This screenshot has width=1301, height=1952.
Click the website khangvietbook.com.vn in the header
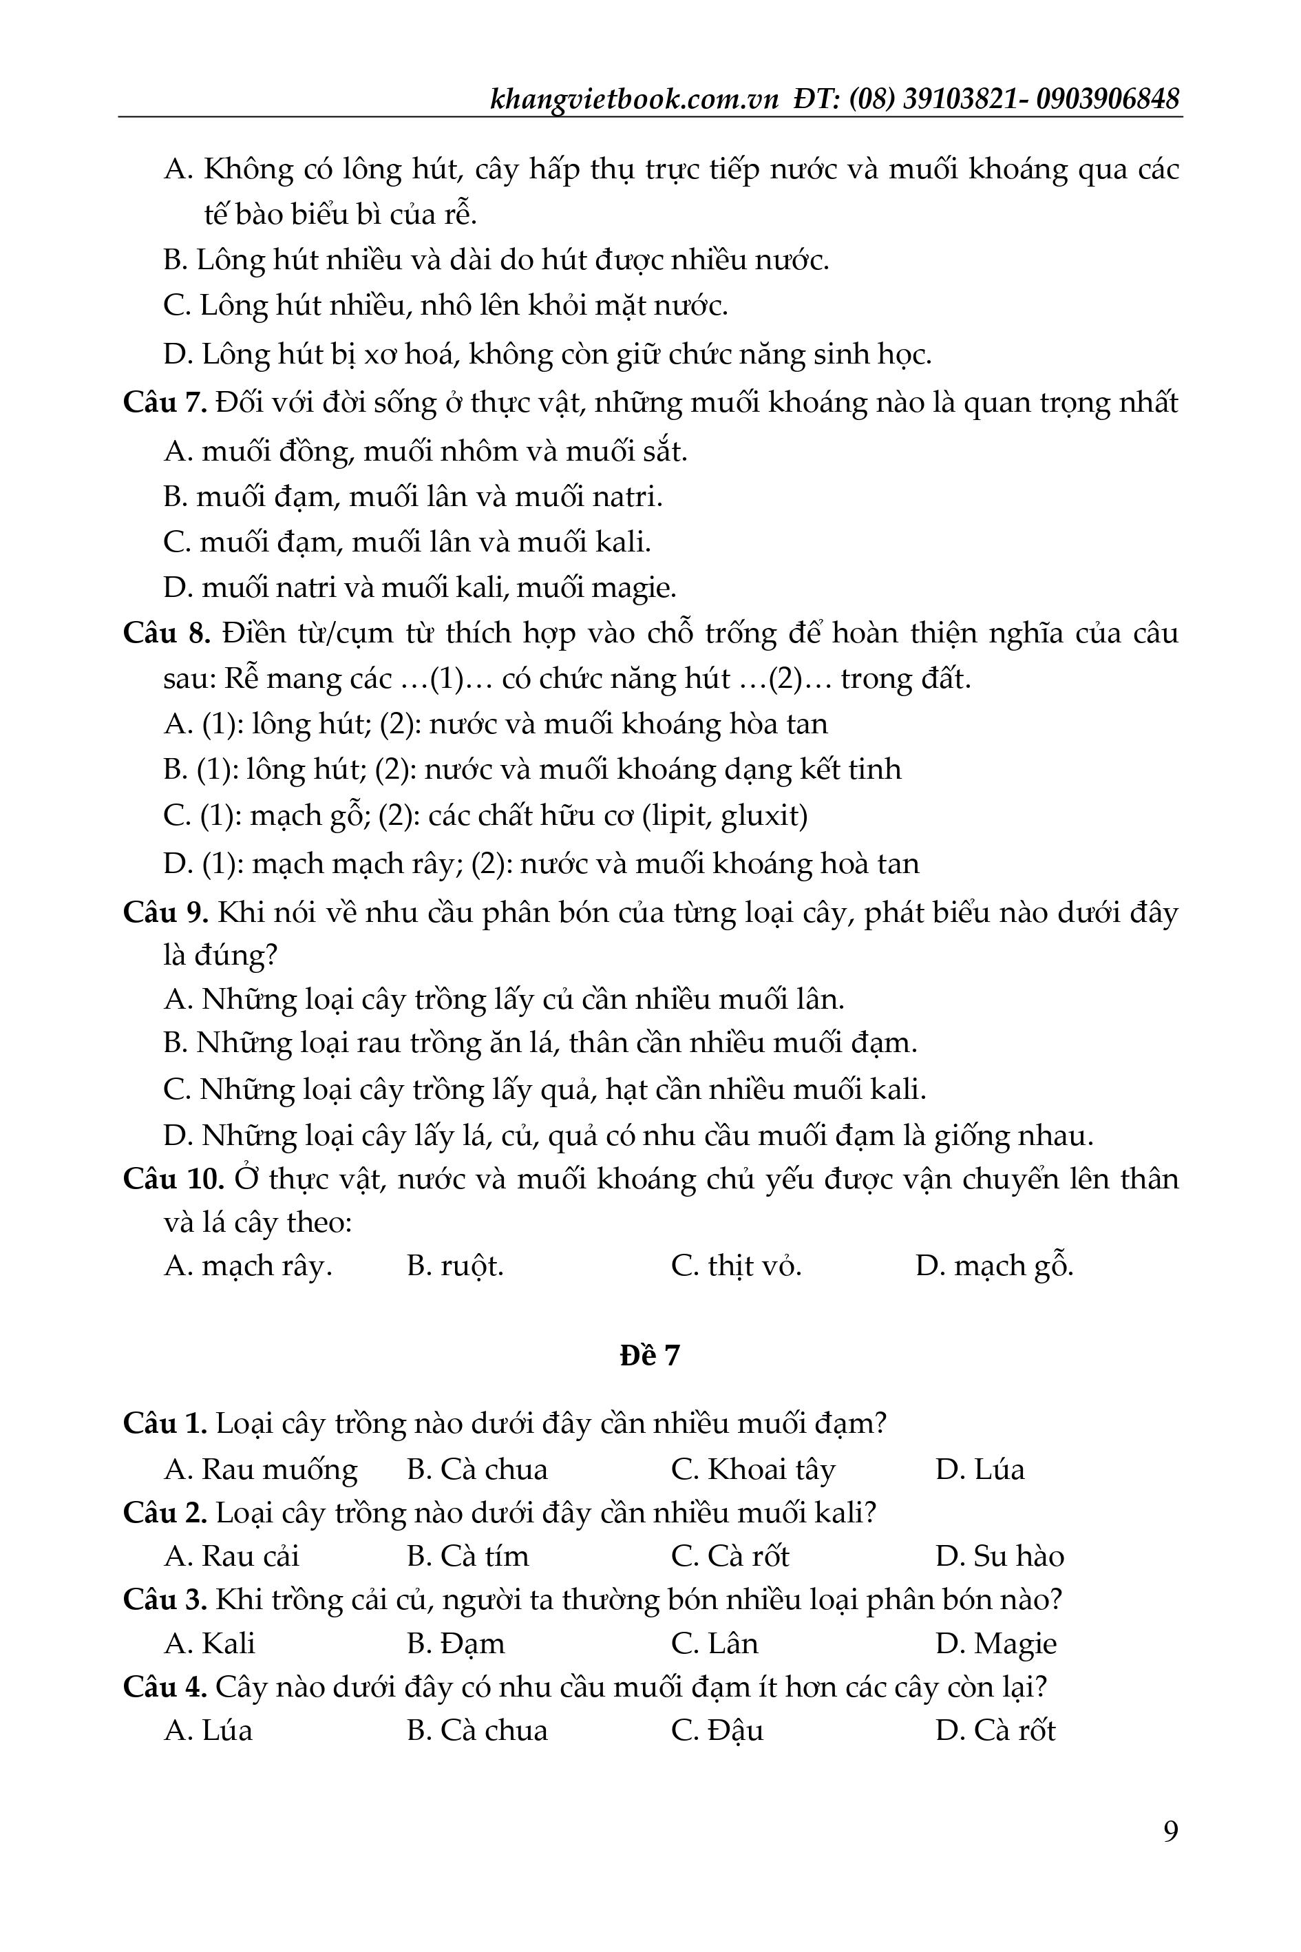tap(634, 101)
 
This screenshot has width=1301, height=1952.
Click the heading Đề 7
tap(650, 1355)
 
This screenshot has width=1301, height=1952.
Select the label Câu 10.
tap(173, 1179)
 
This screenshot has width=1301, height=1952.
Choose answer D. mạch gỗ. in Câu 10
tap(994, 1266)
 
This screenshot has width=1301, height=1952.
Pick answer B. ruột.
tap(455, 1266)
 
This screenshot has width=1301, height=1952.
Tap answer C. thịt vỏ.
tap(736, 1266)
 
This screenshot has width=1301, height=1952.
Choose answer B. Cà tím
tap(467, 1556)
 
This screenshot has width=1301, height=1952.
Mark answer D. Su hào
tap(999, 1556)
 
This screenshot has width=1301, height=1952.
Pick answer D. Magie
tap(995, 1644)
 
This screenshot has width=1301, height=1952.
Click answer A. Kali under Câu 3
tap(210, 1644)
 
